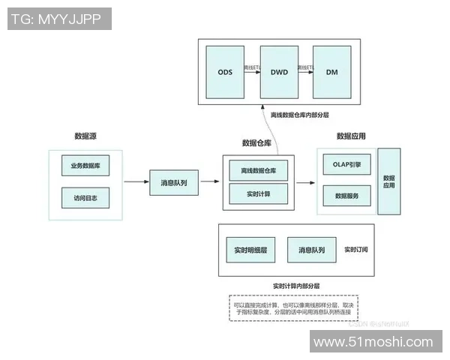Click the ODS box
tap(225, 72)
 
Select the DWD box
tap(278, 72)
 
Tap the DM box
tap(331, 72)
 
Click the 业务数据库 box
tap(85, 165)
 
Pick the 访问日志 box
tap(85, 198)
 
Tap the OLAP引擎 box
tap(347, 165)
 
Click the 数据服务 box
tap(347, 196)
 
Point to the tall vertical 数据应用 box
tap(388, 181)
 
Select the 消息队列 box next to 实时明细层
tap(311, 249)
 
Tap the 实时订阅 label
tap(356, 249)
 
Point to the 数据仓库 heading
tap(256, 142)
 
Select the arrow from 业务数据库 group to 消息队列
tap(136, 181)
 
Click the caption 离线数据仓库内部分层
tap(300, 115)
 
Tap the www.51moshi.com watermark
tap(373, 343)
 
